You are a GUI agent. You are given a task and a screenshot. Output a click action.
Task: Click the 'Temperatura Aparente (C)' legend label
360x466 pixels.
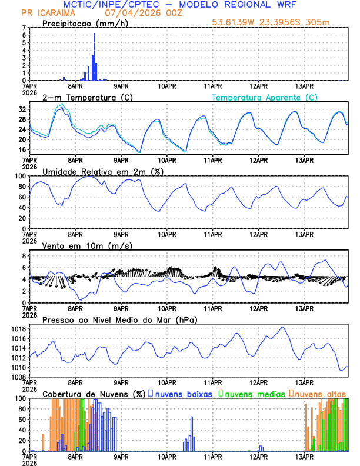[264, 97]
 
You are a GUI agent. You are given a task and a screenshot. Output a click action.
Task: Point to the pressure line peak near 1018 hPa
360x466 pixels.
[282, 327]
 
